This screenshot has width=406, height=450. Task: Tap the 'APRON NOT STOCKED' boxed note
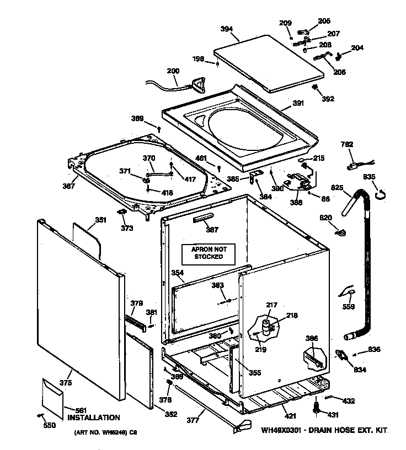pyautogui.click(x=209, y=253)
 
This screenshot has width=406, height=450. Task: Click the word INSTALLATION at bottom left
pyautogui.click(x=93, y=418)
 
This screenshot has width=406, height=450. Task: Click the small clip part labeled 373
pyautogui.click(x=122, y=212)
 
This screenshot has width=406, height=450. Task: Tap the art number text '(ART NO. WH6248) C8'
pyautogui.click(x=105, y=433)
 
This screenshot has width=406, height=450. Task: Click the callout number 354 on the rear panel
pyautogui.click(x=177, y=273)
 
